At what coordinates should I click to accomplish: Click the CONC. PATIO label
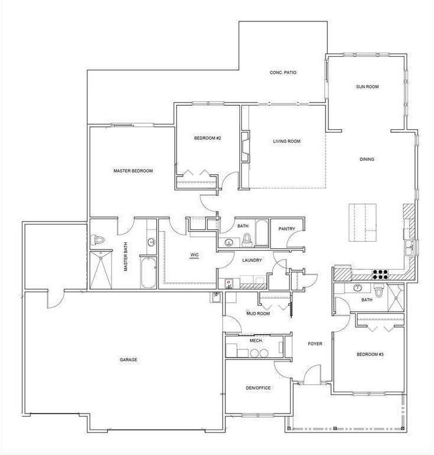[283, 73]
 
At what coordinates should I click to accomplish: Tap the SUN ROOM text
[367, 87]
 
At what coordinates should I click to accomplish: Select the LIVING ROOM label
[287, 142]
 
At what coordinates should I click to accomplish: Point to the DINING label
[367, 159]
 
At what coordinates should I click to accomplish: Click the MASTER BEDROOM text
[133, 171]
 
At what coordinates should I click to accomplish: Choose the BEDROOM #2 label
[208, 139]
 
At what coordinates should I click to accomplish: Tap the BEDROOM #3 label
[370, 355]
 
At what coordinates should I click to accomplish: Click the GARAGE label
[129, 360]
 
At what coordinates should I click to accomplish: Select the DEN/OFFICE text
[258, 388]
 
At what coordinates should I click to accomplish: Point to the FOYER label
[314, 344]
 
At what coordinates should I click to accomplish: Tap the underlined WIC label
[194, 256]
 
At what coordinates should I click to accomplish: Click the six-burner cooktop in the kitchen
[380, 274]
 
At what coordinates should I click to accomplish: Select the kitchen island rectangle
[362, 222]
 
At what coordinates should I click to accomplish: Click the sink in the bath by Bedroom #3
[357, 288]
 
